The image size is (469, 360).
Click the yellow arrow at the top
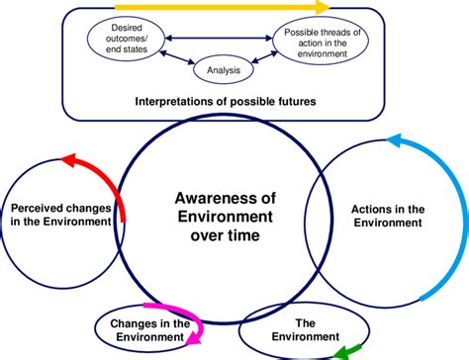pyautogui.click(x=198, y=8)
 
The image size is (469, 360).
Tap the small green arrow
pyautogui.click(x=347, y=350)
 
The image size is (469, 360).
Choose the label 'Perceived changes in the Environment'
pyautogui.click(x=59, y=216)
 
